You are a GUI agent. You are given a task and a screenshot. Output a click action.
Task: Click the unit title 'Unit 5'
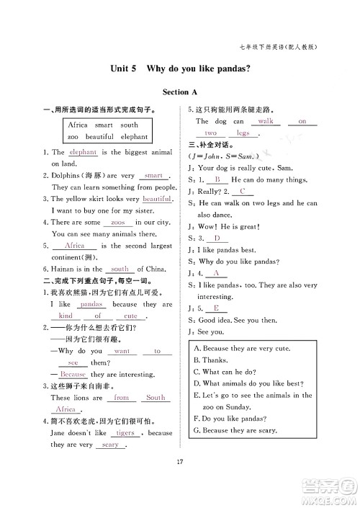click(123, 69)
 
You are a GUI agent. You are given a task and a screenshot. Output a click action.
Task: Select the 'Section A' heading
click(180, 92)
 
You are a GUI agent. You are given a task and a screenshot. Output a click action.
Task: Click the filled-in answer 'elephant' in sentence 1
click(84, 152)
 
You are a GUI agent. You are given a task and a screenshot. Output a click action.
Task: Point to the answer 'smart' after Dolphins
click(153, 175)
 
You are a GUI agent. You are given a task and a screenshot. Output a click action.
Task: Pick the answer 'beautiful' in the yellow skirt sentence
click(156, 198)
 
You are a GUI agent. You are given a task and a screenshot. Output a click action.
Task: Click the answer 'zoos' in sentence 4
click(118, 223)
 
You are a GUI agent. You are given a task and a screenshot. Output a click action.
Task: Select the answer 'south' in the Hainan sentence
click(120, 269)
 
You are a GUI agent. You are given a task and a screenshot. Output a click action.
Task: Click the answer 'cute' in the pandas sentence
click(130, 316)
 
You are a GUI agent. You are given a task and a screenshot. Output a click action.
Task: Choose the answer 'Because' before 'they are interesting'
click(73, 374)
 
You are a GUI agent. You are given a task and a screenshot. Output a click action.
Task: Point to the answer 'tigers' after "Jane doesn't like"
click(125, 433)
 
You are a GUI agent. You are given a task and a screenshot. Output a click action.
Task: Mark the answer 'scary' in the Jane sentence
click(110, 445)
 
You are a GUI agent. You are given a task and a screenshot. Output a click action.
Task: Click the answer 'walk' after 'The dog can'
click(264, 121)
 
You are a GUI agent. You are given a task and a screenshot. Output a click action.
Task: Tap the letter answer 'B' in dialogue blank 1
click(217, 179)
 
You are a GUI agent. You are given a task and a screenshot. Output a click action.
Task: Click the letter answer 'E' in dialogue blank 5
click(216, 308)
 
